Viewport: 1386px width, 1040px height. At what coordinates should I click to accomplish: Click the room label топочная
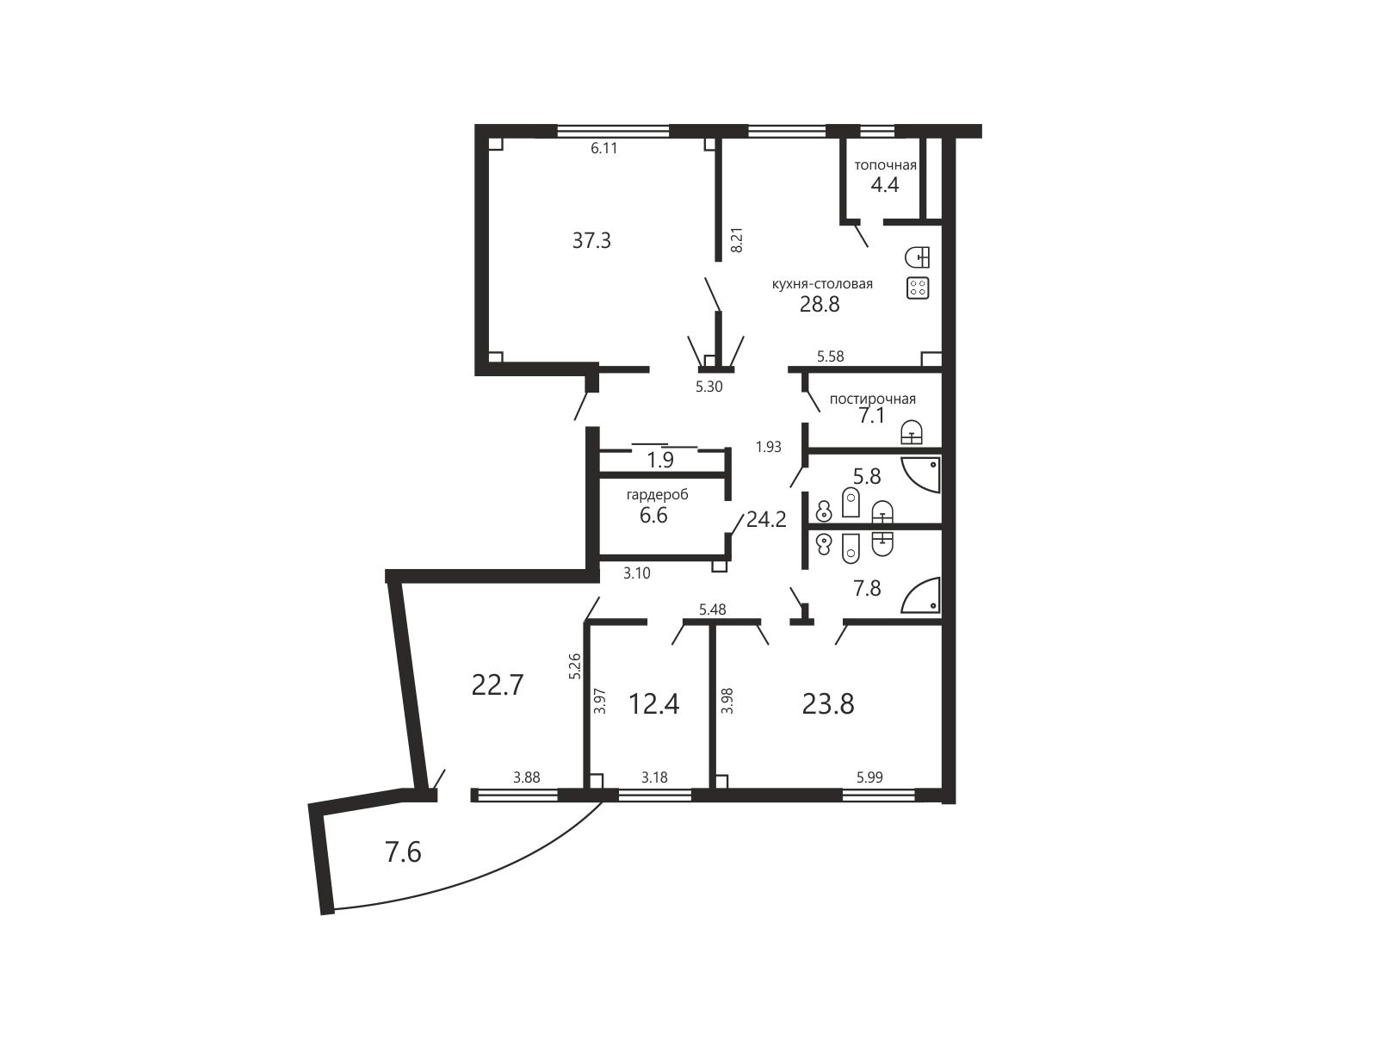pyautogui.click(x=885, y=165)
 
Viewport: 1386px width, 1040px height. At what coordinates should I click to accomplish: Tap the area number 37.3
pyautogui.click(x=591, y=240)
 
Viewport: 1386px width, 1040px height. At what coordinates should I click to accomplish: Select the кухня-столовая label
pyautogui.click(x=822, y=284)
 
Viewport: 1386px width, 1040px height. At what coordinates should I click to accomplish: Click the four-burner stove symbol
pyautogui.click(x=918, y=288)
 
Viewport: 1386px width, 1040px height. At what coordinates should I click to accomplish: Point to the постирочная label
pyautogui.click(x=873, y=399)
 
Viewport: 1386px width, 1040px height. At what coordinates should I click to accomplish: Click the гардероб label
pyautogui.click(x=658, y=495)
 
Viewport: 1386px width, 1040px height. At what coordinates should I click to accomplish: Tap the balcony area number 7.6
pyautogui.click(x=403, y=853)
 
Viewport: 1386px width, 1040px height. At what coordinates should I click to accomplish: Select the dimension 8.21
pyautogui.click(x=737, y=240)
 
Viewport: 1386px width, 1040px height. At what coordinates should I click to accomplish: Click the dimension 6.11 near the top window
pyautogui.click(x=603, y=148)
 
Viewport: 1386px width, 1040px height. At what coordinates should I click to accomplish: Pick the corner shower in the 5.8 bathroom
pyautogui.click(x=921, y=475)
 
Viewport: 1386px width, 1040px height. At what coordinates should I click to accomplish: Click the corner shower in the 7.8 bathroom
pyautogui.click(x=921, y=596)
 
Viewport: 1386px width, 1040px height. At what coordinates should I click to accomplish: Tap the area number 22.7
pyautogui.click(x=498, y=685)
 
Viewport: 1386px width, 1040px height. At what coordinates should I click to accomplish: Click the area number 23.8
pyautogui.click(x=828, y=703)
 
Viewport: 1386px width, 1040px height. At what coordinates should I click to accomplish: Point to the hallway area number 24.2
pyautogui.click(x=766, y=520)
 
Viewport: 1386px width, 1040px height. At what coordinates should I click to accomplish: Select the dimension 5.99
pyautogui.click(x=869, y=778)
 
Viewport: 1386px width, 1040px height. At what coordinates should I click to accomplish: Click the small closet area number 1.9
pyautogui.click(x=660, y=461)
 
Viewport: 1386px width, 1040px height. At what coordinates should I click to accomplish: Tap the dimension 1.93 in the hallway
pyautogui.click(x=769, y=447)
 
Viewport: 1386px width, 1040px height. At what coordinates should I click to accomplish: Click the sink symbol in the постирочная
pyautogui.click(x=912, y=432)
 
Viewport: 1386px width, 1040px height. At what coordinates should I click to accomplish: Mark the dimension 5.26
pyautogui.click(x=574, y=666)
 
